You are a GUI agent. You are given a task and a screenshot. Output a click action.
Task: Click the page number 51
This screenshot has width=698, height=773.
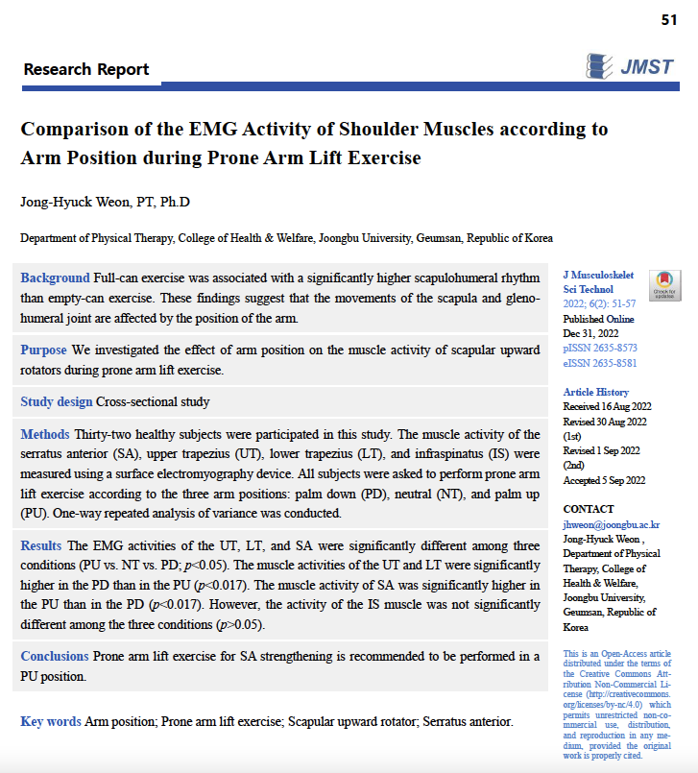(669, 19)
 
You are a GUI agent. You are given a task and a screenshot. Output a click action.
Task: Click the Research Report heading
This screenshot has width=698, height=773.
(86, 69)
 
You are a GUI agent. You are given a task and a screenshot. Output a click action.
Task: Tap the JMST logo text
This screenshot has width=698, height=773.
(646, 67)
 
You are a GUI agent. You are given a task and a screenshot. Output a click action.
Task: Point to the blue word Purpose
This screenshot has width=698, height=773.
(44, 350)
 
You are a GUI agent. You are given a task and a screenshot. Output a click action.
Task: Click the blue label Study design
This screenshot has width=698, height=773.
(57, 401)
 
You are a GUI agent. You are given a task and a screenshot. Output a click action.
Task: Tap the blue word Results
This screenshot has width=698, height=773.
(42, 545)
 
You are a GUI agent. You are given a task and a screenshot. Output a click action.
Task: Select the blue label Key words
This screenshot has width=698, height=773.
(51, 721)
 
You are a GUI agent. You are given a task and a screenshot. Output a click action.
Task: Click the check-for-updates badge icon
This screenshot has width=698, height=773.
(663, 284)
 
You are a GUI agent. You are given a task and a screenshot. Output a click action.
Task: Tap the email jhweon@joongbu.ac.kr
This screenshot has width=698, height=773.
(611, 525)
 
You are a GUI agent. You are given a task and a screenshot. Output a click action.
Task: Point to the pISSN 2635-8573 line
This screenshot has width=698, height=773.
(600, 347)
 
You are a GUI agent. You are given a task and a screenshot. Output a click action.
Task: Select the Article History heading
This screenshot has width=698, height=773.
(596, 392)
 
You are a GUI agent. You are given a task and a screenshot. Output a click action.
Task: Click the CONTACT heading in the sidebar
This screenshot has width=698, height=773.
(589, 509)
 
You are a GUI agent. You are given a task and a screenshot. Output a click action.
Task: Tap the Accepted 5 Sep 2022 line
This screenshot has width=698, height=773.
(604, 480)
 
